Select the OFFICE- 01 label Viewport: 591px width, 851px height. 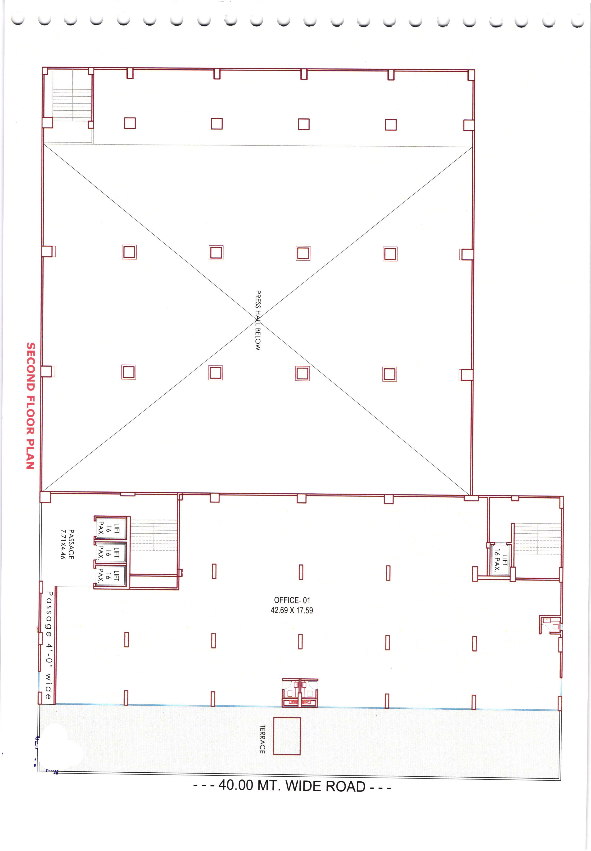[292, 600]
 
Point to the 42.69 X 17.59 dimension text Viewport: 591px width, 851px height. [292, 610]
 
